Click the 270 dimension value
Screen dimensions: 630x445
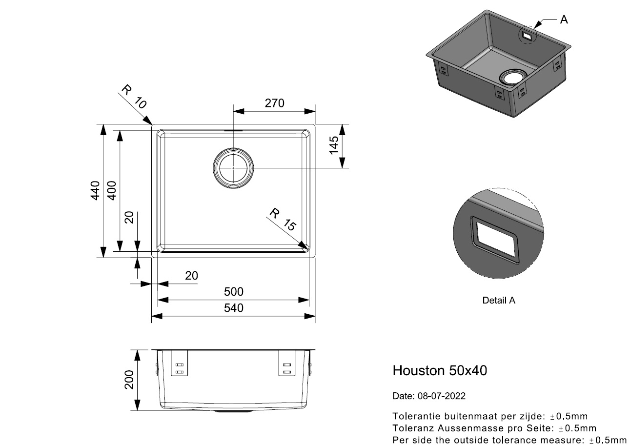274,103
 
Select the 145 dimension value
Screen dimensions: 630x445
334,145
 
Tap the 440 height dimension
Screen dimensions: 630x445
95,190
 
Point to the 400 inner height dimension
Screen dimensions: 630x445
112,190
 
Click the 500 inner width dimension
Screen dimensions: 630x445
233,292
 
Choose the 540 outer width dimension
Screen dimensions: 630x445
233,308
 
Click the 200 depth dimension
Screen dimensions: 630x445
129,380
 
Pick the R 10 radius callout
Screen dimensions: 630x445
134,97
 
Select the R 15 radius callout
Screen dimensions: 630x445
283,220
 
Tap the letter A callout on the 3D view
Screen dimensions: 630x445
564,20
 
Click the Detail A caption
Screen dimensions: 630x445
499,301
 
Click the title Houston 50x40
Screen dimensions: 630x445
440,370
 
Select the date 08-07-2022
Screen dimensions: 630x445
442,396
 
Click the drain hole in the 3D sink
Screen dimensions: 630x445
513,77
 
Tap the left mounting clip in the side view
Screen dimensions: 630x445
180,363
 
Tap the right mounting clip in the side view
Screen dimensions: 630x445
287,363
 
